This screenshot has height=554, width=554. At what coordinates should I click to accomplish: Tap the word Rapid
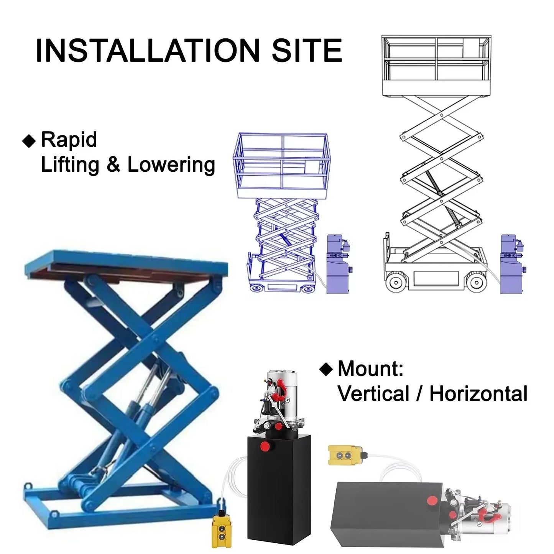coord(69,140)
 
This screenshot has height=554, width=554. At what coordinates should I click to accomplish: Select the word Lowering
coord(171,165)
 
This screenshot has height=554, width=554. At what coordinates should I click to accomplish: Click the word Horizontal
coord(478,394)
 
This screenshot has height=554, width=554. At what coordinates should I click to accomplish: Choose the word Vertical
coord(373,394)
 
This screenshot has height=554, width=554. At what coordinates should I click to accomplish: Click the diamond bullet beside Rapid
coord(29,141)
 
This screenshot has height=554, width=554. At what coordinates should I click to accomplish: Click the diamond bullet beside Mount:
coord(326,369)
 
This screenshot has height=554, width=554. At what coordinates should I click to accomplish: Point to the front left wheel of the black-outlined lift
coord(396,282)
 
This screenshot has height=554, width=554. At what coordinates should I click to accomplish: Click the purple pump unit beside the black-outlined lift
coord(512,264)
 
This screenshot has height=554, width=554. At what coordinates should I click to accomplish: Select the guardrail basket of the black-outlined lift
coord(436,66)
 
